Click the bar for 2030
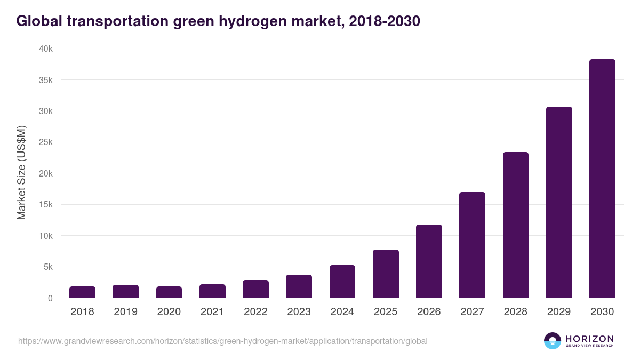coord(602,179)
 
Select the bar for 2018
coord(82,292)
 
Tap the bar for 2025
coord(386,274)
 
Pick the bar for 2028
coord(516,225)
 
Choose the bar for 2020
coord(169,292)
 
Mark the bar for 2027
coord(472,245)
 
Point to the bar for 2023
coord(299,286)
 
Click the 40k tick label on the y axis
coord(46,49)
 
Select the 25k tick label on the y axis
coord(46,142)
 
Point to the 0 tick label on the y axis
coord(50,298)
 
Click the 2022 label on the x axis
coord(255,312)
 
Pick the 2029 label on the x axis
coord(559,312)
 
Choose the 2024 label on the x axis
coord(342,312)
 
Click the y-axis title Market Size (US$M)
coord(21,173)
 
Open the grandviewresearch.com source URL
coord(222,341)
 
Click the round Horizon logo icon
coord(553,341)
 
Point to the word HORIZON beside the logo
coord(589,338)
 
